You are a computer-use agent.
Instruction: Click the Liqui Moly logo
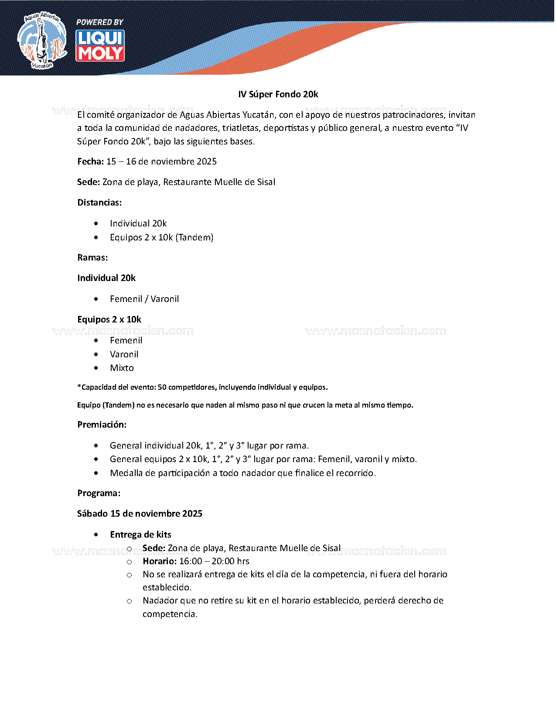[x=100, y=45]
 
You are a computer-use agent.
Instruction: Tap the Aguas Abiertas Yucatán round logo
[x=42, y=41]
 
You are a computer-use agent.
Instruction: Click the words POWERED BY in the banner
[x=100, y=22]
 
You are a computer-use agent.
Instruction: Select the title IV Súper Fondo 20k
[x=278, y=94]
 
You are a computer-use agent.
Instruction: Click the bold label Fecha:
[x=90, y=161]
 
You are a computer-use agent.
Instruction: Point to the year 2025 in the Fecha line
[x=207, y=161]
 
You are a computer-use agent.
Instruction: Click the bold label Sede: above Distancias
[x=89, y=182]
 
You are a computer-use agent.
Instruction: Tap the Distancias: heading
[x=99, y=202]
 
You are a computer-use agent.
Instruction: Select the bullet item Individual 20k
[x=138, y=223]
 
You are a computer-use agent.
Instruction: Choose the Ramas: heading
[x=92, y=257]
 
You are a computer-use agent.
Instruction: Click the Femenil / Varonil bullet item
[x=144, y=299]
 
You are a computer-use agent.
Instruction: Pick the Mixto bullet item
[x=122, y=368]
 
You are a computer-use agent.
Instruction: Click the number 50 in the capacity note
[x=162, y=387]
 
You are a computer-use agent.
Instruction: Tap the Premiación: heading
[x=102, y=425]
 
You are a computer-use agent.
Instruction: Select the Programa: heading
[x=99, y=493]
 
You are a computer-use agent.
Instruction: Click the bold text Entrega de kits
[x=140, y=535]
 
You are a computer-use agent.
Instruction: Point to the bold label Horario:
[x=160, y=561]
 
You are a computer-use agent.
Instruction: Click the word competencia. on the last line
[x=170, y=614]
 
